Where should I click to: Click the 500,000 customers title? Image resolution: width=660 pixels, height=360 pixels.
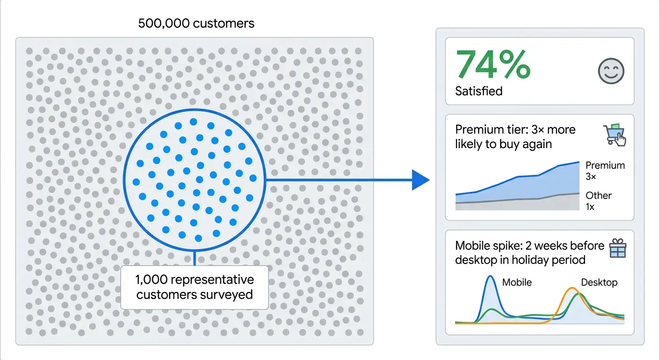196,23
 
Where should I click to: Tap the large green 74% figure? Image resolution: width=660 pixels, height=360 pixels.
493,65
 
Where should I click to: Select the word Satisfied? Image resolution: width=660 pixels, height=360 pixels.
479,91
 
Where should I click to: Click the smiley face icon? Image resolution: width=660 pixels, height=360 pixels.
611,71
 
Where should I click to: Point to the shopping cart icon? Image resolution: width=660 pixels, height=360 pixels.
614,135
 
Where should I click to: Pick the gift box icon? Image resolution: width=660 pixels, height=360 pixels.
617,248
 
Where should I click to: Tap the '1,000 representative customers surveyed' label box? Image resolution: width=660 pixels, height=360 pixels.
195,287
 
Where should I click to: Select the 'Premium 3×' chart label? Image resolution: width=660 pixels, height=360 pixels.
605,171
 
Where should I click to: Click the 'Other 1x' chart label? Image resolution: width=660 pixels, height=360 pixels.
598,201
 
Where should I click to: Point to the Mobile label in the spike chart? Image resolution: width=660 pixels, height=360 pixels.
517,282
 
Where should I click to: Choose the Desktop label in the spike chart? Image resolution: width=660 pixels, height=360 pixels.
599,282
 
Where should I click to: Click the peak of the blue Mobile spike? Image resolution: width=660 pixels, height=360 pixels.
490,277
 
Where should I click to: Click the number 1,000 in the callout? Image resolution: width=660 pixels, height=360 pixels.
151,280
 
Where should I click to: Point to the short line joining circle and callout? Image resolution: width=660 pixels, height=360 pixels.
194,258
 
